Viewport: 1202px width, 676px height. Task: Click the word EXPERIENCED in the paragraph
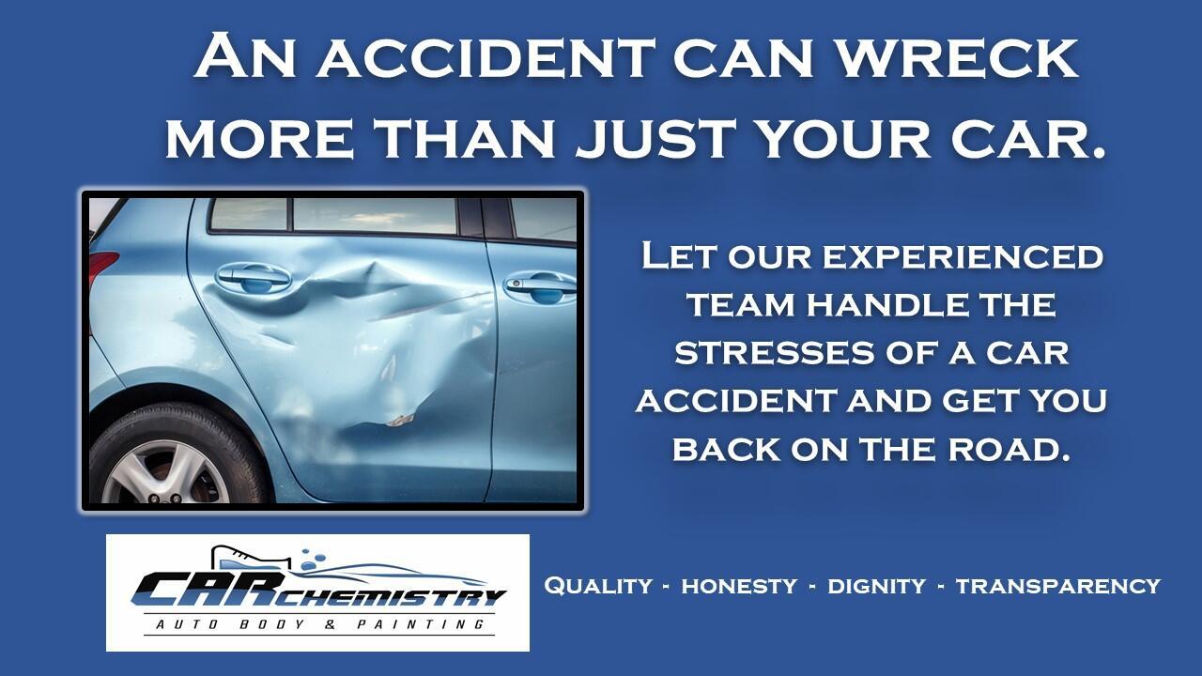pos(963,256)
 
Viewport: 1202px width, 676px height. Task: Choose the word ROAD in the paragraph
pos(1009,449)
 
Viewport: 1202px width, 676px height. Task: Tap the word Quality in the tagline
pos(598,586)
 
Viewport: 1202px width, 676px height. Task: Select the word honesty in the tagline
pos(739,586)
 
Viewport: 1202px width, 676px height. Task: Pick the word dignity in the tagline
pos(877,586)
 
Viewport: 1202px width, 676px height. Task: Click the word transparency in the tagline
pos(1058,586)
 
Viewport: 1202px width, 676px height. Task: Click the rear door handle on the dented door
pos(254,276)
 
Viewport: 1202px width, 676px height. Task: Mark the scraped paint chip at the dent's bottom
pos(400,420)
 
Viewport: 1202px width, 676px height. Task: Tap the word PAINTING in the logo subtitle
pos(421,624)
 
